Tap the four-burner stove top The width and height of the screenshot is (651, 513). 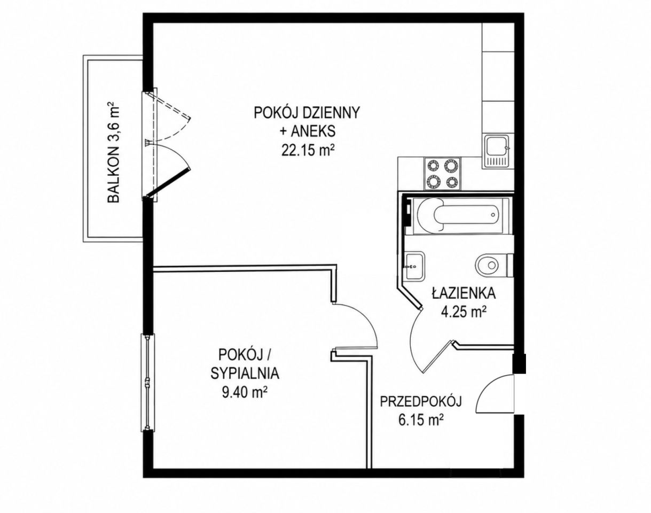[442, 174]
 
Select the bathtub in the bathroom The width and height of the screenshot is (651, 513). [458, 215]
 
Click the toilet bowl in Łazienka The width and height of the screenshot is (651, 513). [492, 265]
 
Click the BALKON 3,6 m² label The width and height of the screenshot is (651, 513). [114, 154]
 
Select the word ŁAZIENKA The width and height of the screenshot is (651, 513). [464, 293]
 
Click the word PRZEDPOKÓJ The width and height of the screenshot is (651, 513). [421, 402]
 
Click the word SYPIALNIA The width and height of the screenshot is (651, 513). [245, 374]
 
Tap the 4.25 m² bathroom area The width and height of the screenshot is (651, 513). [464, 312]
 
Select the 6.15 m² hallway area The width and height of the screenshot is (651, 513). [421, 421]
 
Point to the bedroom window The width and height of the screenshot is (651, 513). [147, 382]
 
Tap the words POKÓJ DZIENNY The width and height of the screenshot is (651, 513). [307, 113]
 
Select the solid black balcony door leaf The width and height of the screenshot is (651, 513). [168, 183]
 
